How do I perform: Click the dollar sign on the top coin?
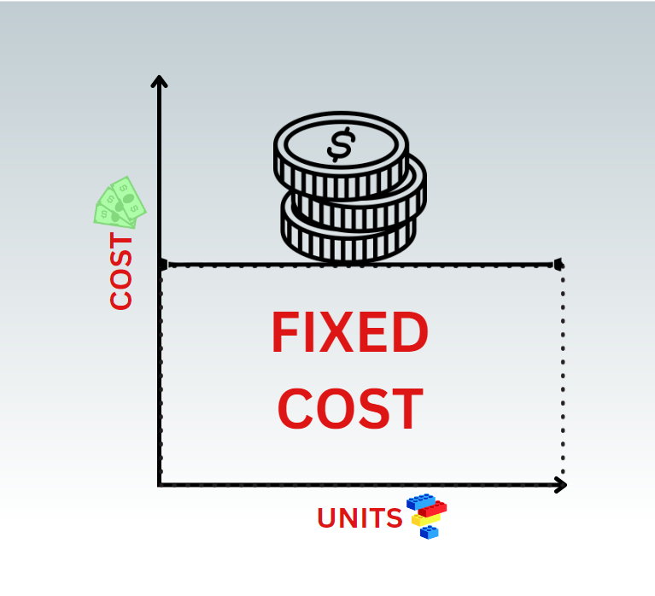(340, 145)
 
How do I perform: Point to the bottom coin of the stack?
(348, 239)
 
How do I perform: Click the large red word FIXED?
(349, 334)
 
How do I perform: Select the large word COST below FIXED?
(350, 409)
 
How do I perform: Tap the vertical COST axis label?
(121, 272)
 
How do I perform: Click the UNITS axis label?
(360, 518)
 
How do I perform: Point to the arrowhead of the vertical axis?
(159, 80)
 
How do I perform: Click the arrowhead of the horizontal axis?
(561, 485)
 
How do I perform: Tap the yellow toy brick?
(424, 519)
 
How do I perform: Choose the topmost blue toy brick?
(419, 500)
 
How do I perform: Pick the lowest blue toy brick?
(429, 532)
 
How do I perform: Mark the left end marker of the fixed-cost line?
(162, 265)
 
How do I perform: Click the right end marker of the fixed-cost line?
(559, 264)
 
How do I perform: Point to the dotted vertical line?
(563, 376)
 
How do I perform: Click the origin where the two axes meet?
(160, 485)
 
